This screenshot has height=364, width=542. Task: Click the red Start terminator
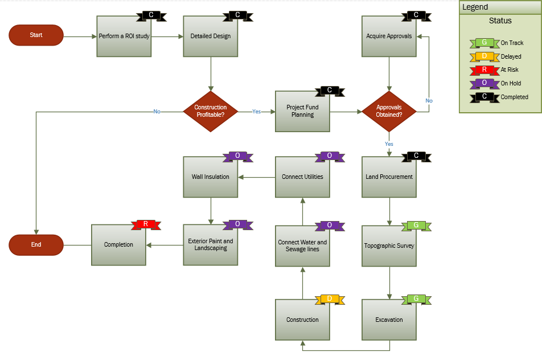tap(36, 35)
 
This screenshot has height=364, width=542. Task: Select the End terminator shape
tap(36, 245)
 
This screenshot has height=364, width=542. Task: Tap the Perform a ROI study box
tap(124, 36)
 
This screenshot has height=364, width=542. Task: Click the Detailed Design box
tap(211, 36)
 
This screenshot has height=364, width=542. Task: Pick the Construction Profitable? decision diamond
tap(211, 111)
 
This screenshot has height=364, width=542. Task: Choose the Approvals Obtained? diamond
tap(389, 111)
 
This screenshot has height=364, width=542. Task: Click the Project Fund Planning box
tap(302, 111)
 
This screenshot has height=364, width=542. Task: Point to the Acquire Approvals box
tap(389, 36)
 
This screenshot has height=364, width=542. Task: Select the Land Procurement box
tap(389, 177)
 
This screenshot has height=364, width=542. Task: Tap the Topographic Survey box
tap(389, 246)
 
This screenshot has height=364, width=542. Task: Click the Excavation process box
tap(389, 320)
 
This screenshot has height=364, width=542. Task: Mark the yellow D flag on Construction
tap(329, 299)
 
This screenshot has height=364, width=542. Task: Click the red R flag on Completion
tap(146, 224)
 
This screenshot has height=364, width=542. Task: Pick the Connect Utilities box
tap(302, 177)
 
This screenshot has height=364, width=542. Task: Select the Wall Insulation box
tap(211, 177)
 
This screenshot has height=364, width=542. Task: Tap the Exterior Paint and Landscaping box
tap(211, 245)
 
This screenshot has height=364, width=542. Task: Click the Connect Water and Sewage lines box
tap(302, 246)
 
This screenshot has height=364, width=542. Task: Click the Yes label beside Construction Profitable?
tap(256, 112)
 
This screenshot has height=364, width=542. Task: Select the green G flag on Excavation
tap(416, 299)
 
